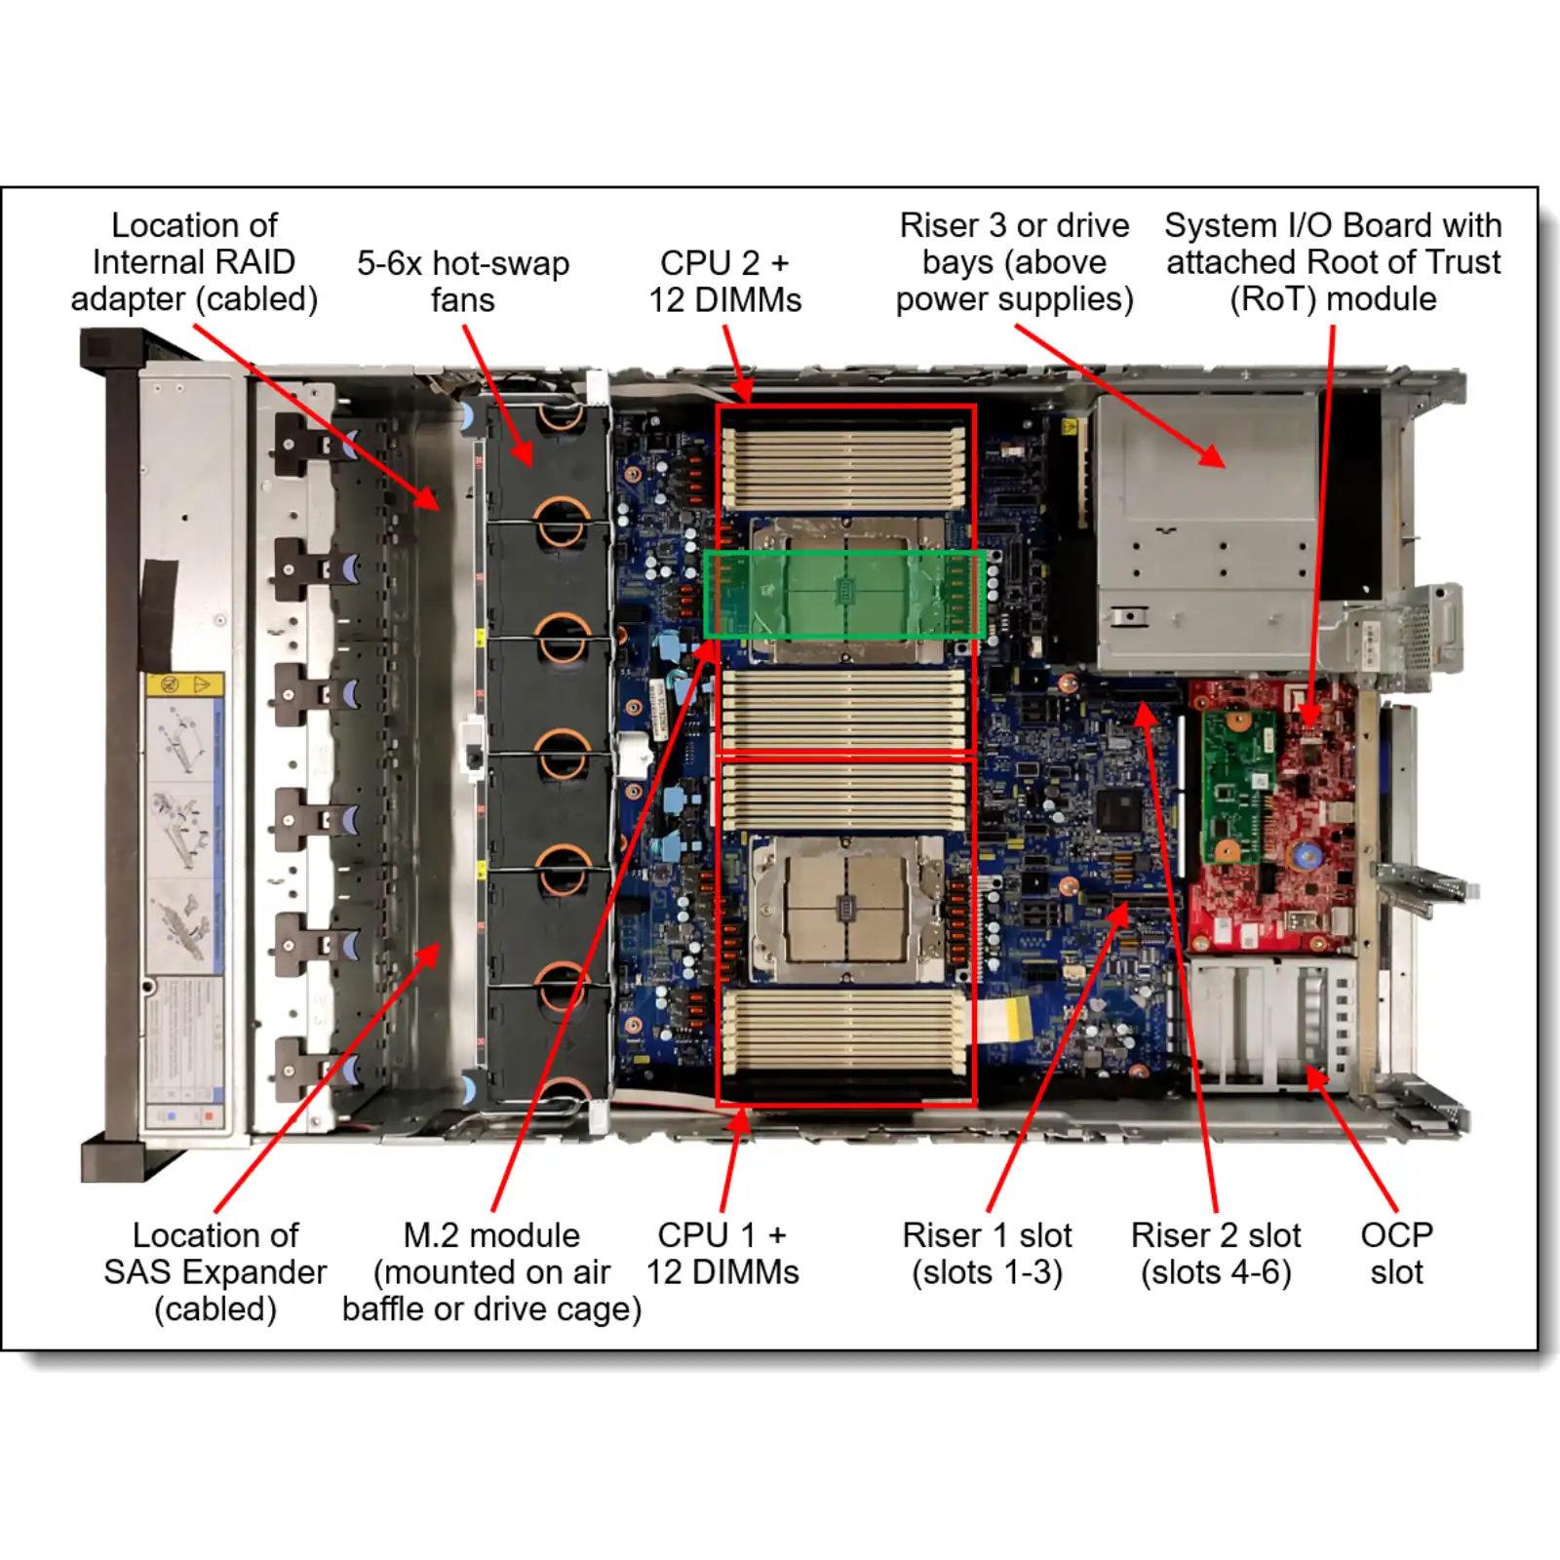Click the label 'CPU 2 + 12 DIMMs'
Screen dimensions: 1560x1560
pos(724,281)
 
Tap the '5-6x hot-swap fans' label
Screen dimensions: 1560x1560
pos(463,281)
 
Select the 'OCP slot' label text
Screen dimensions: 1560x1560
pos(1396,1253)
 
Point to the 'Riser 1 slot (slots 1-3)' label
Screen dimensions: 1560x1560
pos(987,1253)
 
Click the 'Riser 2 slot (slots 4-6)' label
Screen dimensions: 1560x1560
pos(1216,1253)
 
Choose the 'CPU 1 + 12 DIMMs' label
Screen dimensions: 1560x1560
pos(722,1253)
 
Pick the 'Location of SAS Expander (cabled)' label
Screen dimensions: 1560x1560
pos(215,1271)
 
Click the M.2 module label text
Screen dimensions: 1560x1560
pos(491,1271)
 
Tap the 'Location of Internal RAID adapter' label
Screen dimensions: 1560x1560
pos(194,262)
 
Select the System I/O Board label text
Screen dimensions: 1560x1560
pos(1333,262)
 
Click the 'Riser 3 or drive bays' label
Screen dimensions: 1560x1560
pos(1014,262)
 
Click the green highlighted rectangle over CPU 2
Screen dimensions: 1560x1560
pos(844,595)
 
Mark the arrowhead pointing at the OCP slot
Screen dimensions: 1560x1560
pos(1316,1075)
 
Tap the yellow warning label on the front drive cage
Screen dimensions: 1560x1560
pos(184,683)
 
